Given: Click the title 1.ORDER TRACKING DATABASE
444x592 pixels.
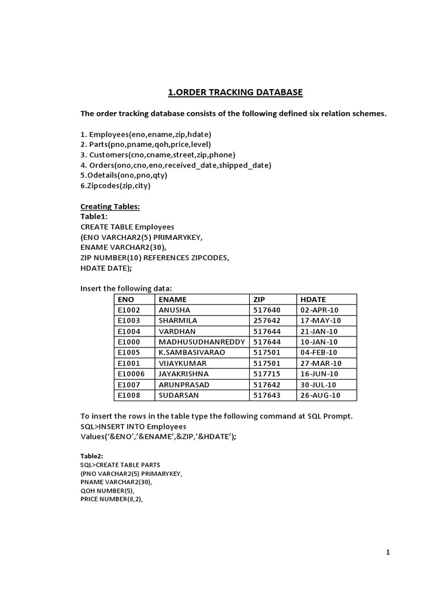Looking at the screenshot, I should (235, 92).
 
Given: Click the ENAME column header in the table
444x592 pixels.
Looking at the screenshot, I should (173, 299).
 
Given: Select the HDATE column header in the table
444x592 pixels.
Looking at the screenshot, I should (313, 299).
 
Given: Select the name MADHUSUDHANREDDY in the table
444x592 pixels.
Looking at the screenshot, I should (202, 342).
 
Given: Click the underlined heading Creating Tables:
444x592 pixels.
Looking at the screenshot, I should (110, 206).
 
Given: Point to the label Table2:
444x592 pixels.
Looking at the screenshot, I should (92, 456).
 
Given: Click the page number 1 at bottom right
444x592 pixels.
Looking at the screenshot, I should (388, 553).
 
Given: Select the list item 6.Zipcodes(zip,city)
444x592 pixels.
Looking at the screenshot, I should (116, 186).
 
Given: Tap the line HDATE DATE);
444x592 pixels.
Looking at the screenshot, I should (106, 268).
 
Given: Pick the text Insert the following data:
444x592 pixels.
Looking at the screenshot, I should (126, 288).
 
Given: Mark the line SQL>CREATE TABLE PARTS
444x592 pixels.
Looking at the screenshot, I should (120, 464).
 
